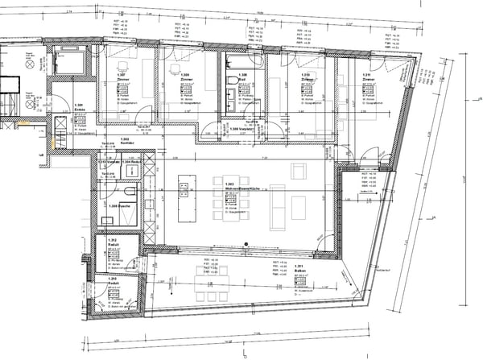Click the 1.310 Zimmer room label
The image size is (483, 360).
(305, 78)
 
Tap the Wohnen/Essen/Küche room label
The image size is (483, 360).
(242, 184)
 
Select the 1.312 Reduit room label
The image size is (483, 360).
(112, 243)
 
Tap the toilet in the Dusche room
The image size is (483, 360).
(129, 192)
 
